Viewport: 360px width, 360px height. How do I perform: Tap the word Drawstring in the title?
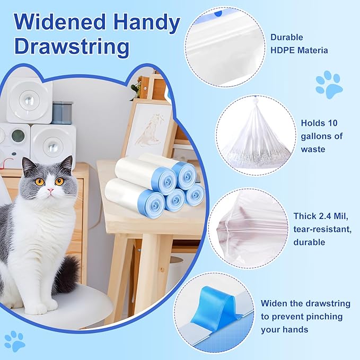point(72,47)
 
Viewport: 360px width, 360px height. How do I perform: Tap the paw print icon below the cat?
point(14,340)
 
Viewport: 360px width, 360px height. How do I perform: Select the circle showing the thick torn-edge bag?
point(247,228)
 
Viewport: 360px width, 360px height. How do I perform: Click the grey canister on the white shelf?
point(62,112)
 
